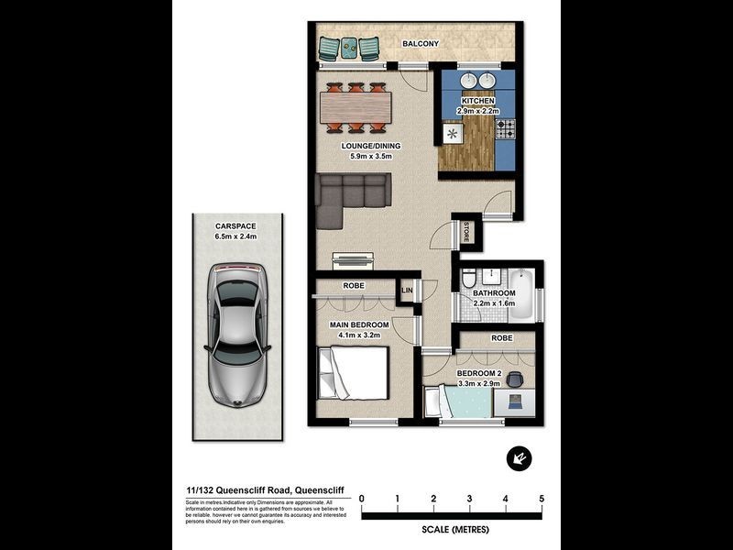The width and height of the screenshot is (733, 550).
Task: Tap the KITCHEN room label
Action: [x=476, y=100]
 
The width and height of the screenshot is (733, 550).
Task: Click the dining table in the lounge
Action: [x=357, y=108]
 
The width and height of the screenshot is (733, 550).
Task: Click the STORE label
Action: [x=466, y=232]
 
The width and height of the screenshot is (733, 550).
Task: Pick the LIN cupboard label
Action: [x=408, y=291]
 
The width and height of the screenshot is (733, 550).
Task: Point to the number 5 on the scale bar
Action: [x=542, y=499]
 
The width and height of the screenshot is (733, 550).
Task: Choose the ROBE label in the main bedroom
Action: [x=354, y=285]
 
